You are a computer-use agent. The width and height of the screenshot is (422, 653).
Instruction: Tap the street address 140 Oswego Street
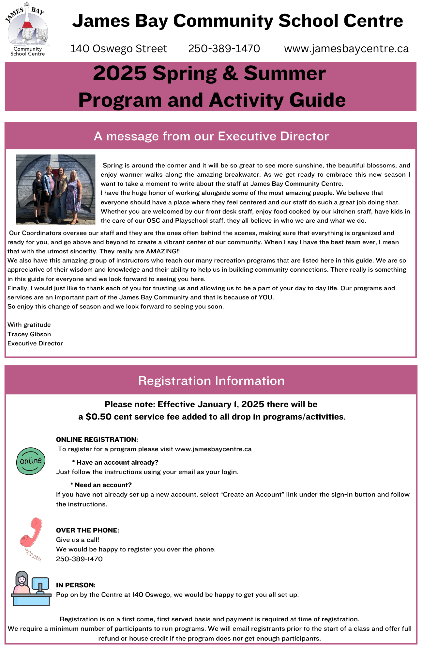coord(118,49)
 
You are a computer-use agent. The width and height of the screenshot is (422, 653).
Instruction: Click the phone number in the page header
coord(224,49)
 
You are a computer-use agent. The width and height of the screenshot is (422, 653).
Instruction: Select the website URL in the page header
coord(346,49)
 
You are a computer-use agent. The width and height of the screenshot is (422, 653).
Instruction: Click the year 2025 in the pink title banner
coord(120,73)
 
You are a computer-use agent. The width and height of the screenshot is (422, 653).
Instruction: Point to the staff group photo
coord(56,189)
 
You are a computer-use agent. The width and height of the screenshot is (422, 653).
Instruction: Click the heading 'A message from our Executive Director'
coord(211,136)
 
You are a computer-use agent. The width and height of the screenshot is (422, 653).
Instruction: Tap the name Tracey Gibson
coord(29,334)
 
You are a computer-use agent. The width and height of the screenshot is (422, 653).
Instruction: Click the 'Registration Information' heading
coord(211,381)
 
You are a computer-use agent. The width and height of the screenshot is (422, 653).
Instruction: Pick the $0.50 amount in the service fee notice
coord(98,417)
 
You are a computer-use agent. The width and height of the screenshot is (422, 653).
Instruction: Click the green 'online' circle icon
coord(31,461)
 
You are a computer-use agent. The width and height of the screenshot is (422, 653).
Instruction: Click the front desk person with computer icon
coord(31,589)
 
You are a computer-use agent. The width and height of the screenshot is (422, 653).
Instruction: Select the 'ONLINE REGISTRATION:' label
coord(97,439)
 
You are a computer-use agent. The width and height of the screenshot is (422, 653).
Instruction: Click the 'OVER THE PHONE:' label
coord(87,530)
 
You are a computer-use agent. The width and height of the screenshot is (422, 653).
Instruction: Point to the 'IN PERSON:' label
coord(76,585)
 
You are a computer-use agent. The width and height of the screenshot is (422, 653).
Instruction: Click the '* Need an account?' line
coord(101,485)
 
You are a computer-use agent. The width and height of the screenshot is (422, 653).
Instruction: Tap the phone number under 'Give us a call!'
coord(79,559)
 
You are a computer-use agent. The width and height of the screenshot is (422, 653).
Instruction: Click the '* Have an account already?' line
coord(115,462)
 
